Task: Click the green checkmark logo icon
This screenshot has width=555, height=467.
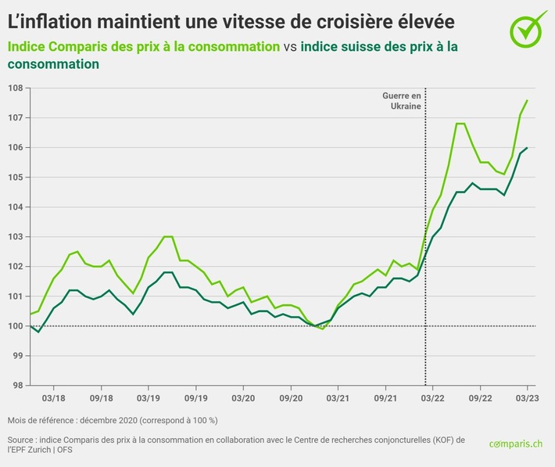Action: [528, 28]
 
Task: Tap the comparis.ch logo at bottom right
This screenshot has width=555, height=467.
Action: [515, 444]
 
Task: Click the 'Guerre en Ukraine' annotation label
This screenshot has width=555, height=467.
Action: [402, 100]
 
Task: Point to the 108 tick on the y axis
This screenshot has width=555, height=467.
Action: [15, 88]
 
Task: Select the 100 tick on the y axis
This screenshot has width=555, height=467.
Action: [15, 325]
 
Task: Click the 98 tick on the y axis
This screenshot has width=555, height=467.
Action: [15, 385]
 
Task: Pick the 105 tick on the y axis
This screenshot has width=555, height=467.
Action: [15, 177]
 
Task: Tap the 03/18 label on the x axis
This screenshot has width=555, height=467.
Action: [53, 397]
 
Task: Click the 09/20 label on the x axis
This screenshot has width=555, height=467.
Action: [290, 397]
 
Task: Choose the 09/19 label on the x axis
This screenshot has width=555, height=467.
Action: [195, 397]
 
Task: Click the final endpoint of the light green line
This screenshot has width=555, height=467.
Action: [527, 100]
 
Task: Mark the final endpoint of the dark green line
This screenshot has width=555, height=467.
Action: [527, 148]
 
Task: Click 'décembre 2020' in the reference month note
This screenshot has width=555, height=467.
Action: [113, 421]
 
